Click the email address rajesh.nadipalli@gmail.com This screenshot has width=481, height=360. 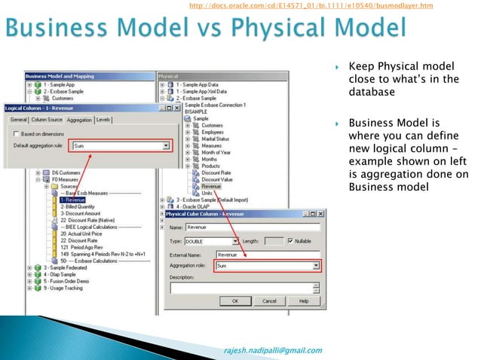point(273,349)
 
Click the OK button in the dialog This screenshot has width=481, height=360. point(234,301)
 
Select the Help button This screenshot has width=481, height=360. point(304,301)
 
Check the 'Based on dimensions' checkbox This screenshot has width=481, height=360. point(15,133)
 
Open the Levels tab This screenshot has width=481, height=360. point(104,120)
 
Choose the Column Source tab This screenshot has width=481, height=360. point(47,120)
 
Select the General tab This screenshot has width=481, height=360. point(18,120)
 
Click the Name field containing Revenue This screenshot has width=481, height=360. point(253,227)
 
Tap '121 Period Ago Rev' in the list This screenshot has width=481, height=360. point(86,247)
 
